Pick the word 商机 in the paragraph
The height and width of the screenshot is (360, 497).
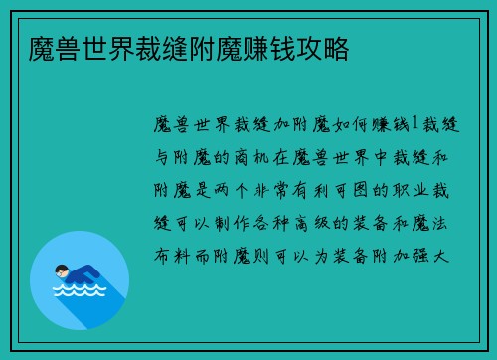pyautogui.click(x=248, y=157)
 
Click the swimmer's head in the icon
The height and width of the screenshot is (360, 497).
pyautogui.click(x=62, y=270)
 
